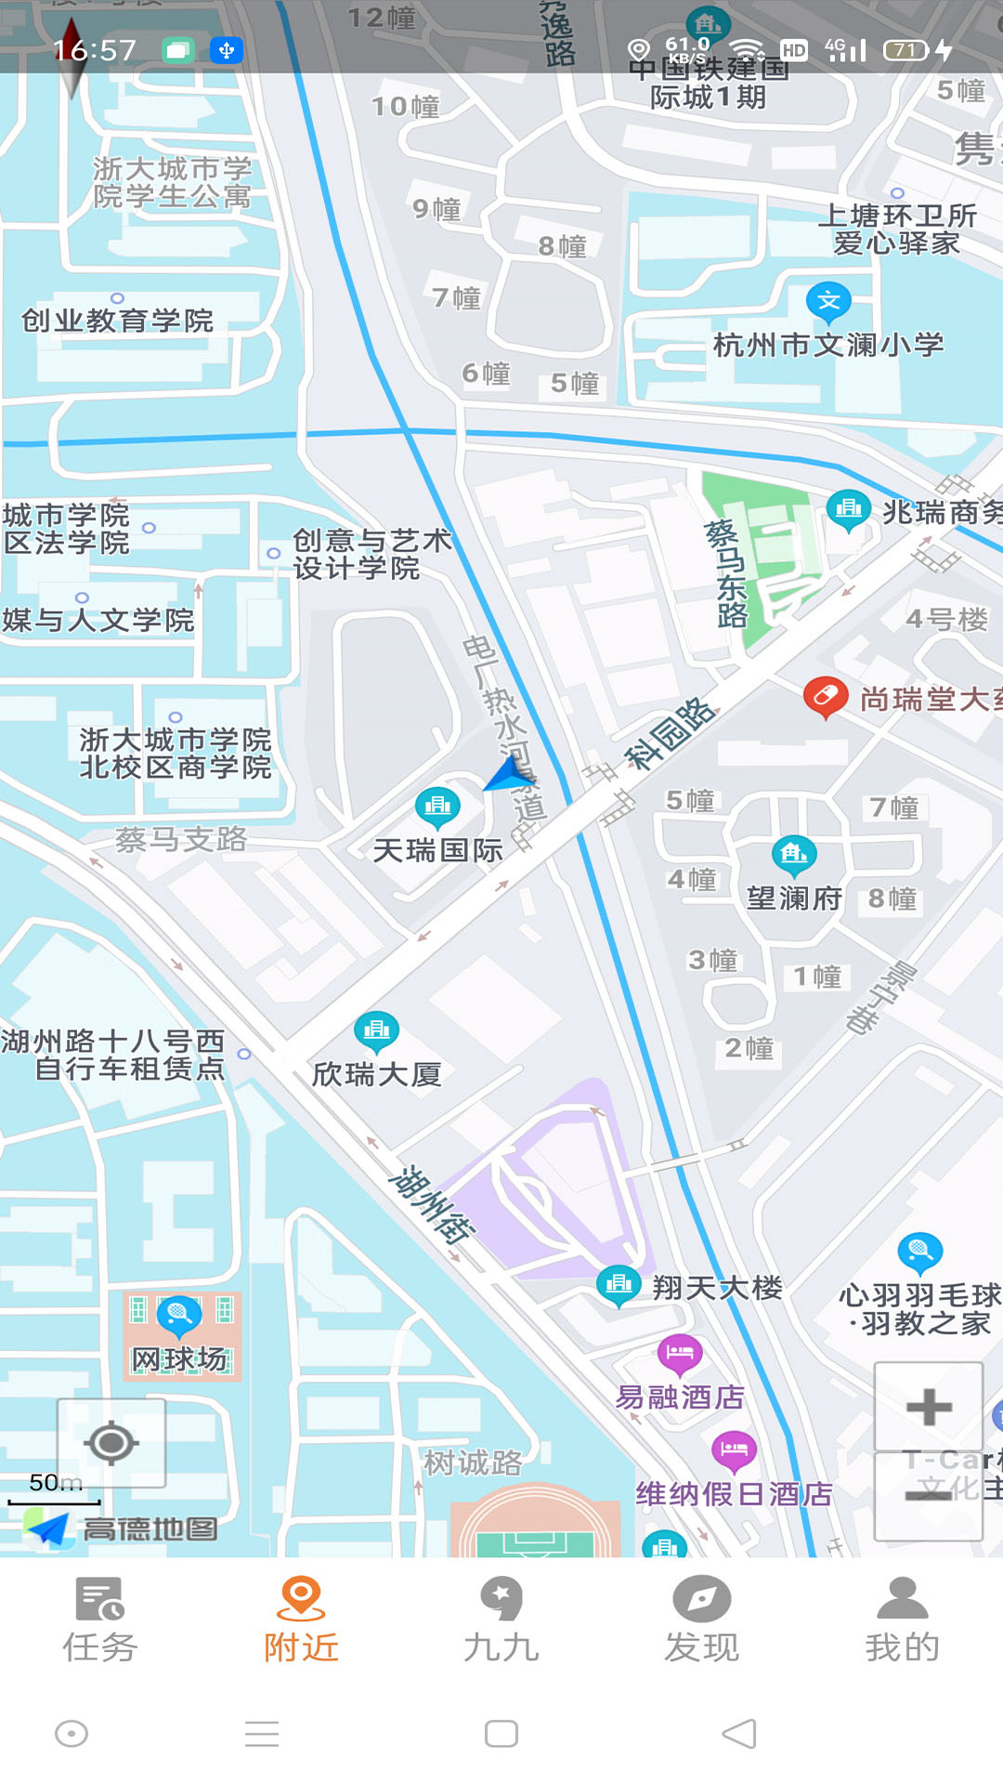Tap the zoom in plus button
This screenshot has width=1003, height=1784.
(x=928, y=1407)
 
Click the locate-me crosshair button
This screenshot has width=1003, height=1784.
(x=111, y=1443)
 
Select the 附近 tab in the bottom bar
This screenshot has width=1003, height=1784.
(x=301, y=1620)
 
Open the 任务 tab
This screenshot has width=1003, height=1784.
(x=100, y=1620)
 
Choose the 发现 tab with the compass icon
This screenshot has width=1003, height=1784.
(x=701, y=1620)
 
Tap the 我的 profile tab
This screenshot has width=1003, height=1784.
(x=902, y=1620)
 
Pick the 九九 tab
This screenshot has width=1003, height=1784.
(x=501, y=1620)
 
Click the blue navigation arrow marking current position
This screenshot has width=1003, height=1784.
(x=509, y=773)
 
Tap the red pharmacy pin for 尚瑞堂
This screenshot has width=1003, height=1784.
(x=825, y=696)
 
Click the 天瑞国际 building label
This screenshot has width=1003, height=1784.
(x=437, y=850)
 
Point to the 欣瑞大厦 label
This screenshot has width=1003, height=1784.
(x=376, y=1074)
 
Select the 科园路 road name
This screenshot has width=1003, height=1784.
(x=671, y=734)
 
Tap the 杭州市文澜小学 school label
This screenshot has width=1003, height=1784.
(x=827, y=345)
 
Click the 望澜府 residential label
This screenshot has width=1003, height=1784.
(x=794, y=898)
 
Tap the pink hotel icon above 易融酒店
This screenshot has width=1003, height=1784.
(x=680, y=1353)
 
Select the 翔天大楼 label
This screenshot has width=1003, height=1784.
(x=717, y=1288)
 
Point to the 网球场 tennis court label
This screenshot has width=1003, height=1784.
(x=179, y=1359)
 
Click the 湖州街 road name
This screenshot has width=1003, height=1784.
(x=431, y=1204)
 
